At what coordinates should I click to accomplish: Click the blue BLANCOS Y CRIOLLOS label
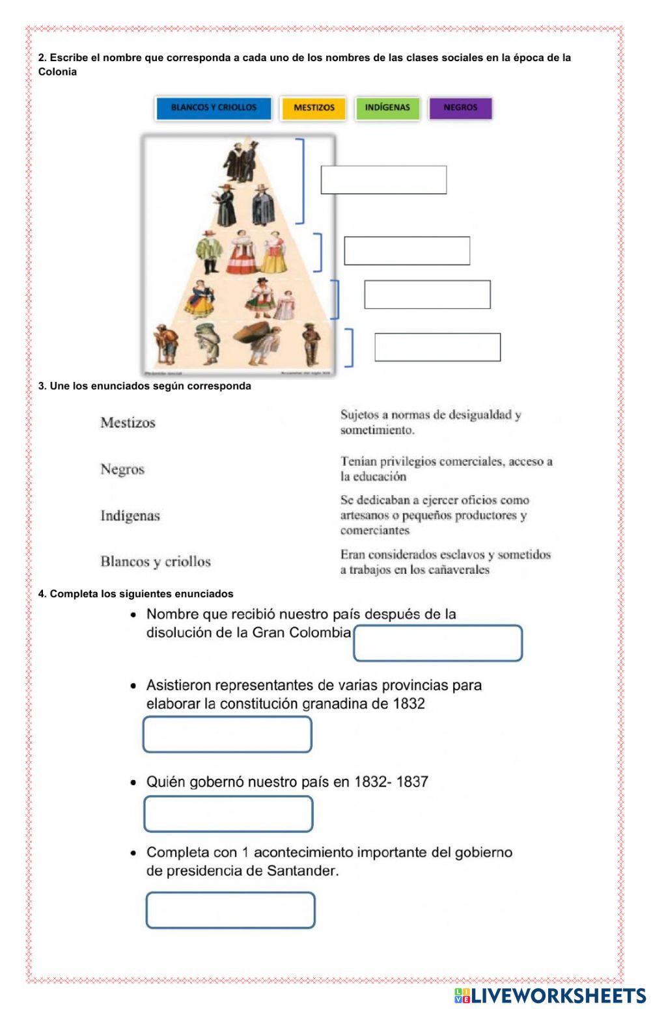point(214,108)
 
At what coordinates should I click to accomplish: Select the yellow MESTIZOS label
point(314,108)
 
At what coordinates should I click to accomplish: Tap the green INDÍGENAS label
point(387,108)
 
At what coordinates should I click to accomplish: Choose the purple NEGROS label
point(460,108)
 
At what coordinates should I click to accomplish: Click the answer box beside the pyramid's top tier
point(383,180)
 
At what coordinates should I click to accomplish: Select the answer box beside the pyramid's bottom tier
point(437,347)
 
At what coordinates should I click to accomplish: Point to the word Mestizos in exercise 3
point(128,423)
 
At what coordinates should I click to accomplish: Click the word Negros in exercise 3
point(122,469)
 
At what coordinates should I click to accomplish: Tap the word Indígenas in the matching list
point(130,516)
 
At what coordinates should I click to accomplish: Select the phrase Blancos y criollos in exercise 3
point(156,561)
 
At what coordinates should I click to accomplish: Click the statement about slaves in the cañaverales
point(445,562)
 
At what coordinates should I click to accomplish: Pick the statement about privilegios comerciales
point(446,468)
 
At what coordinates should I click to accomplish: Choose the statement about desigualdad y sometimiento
point(430,422)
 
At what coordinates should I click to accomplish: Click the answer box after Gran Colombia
point(438,643)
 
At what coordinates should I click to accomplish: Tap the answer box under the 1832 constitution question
point(227,734)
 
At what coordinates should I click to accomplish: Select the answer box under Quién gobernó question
point(228,814)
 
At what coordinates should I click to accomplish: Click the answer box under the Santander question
point(230,910)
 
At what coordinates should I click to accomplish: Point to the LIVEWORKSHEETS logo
point(550,995)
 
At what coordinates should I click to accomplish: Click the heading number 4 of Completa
point(42,594)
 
